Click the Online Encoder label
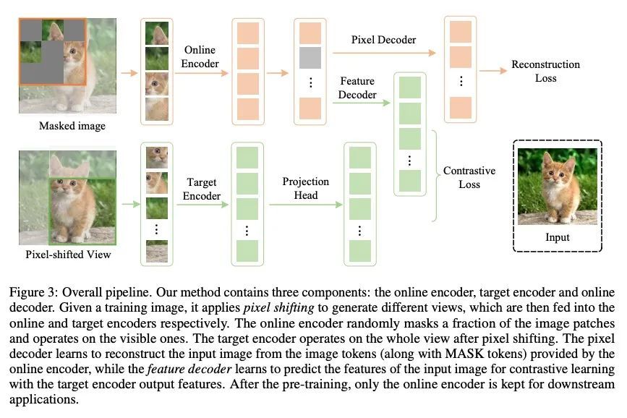tap(200, 57)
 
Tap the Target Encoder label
tap(202, 189)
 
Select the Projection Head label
tap(306, 188)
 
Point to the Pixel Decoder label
tap(383, 40)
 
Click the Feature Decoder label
tap(357, 88)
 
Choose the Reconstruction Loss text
tap(546, 71)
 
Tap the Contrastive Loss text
tap(469, 177)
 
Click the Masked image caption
tap(72, 126)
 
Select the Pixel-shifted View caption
tap(69, 255)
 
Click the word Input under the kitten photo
tap(558, 237)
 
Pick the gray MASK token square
tap(310, 58)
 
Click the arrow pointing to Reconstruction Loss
tap(493, 71)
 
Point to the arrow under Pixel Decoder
tap(384, 52)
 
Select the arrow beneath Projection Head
tap(306, 205)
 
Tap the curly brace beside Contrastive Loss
tap(435, 176)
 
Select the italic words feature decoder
tap(189, 369)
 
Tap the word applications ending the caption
tap(44, 400)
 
